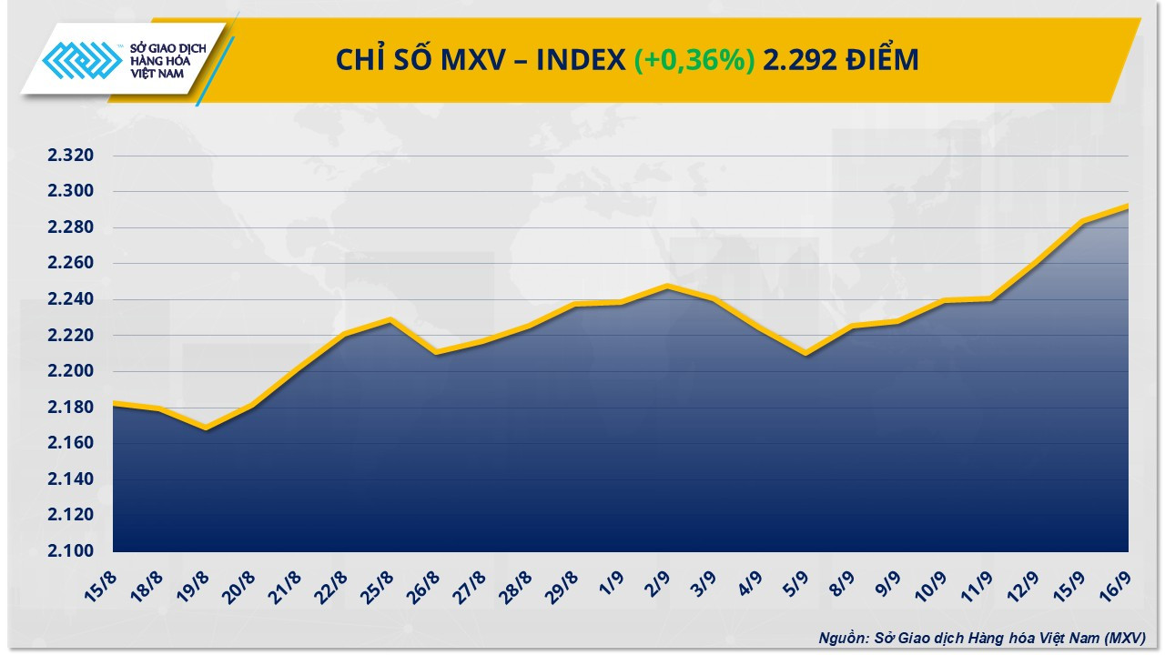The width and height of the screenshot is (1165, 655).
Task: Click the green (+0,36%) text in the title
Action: (x=694, y=60)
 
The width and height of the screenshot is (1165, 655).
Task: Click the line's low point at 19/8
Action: (x=207, y=428)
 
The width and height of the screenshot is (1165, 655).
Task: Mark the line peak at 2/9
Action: (x=667, y=287)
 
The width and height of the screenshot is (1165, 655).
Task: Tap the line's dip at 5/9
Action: (x=805, y=354)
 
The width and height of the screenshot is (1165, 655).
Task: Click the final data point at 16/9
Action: (x=1128, y=206)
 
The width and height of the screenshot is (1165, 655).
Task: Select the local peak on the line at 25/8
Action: (x=390, y=320)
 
